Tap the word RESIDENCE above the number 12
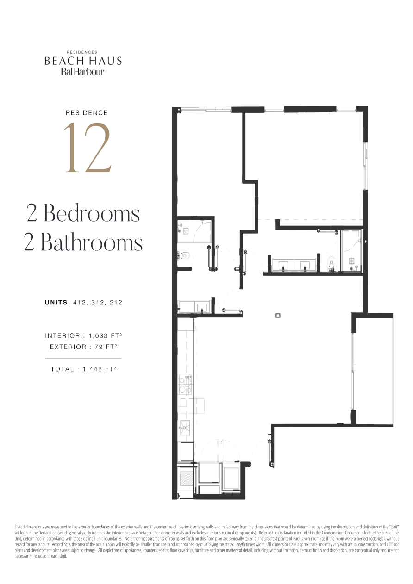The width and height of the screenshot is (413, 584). tap(87, 113)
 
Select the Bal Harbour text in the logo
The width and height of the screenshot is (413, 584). tap(83, 72)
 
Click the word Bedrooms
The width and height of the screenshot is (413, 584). tap(92, 213)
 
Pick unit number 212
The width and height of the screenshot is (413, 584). tap(116, 303)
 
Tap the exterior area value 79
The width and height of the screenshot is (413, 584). tap(98, 347)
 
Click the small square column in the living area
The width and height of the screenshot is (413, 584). tap(278, 316)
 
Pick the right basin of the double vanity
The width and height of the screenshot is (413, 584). tap(305, 265)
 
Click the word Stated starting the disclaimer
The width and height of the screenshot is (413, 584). tap(19, 526)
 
